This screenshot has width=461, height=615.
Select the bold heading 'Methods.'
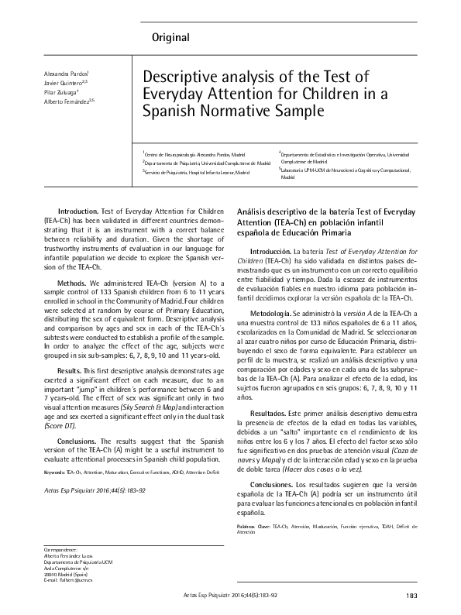tap(73, 283)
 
